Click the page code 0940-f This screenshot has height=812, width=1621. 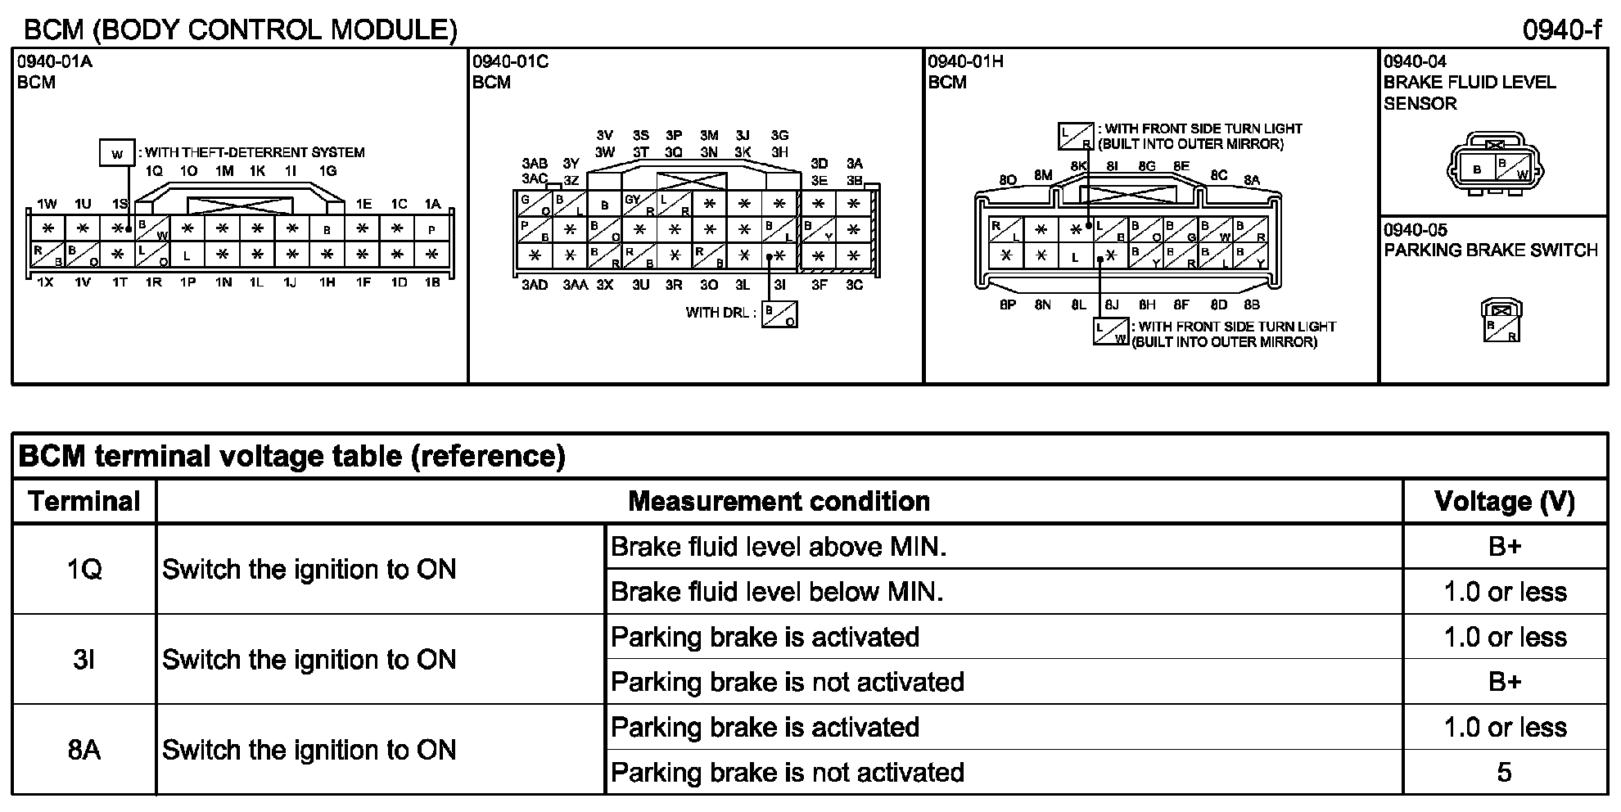1560,30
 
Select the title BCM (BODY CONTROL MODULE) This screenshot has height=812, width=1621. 240,30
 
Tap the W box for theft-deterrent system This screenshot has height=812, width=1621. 117,153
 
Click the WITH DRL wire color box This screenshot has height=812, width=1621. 779,314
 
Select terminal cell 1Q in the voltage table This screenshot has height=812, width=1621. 84,569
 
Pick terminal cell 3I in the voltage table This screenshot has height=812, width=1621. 84,659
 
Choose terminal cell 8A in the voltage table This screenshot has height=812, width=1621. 84,749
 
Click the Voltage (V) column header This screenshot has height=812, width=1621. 1505,501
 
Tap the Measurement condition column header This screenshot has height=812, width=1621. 779,501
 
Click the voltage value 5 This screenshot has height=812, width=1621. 1504,772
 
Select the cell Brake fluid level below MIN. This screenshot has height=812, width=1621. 777,592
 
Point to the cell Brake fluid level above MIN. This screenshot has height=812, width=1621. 779,547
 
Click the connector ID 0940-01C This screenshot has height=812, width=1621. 510,61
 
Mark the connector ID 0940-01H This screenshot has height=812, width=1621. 965,61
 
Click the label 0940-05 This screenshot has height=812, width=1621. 1415,230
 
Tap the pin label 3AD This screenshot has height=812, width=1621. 535,285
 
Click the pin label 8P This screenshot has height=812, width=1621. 1008,304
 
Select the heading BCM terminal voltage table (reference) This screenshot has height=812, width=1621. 291,456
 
